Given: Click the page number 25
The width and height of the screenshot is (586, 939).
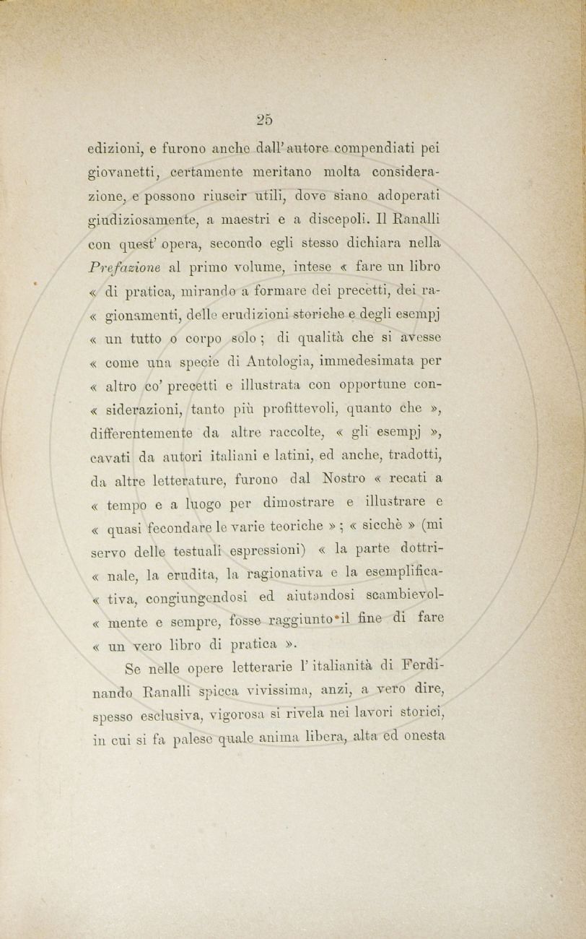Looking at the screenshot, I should click(x=263, y=119).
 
